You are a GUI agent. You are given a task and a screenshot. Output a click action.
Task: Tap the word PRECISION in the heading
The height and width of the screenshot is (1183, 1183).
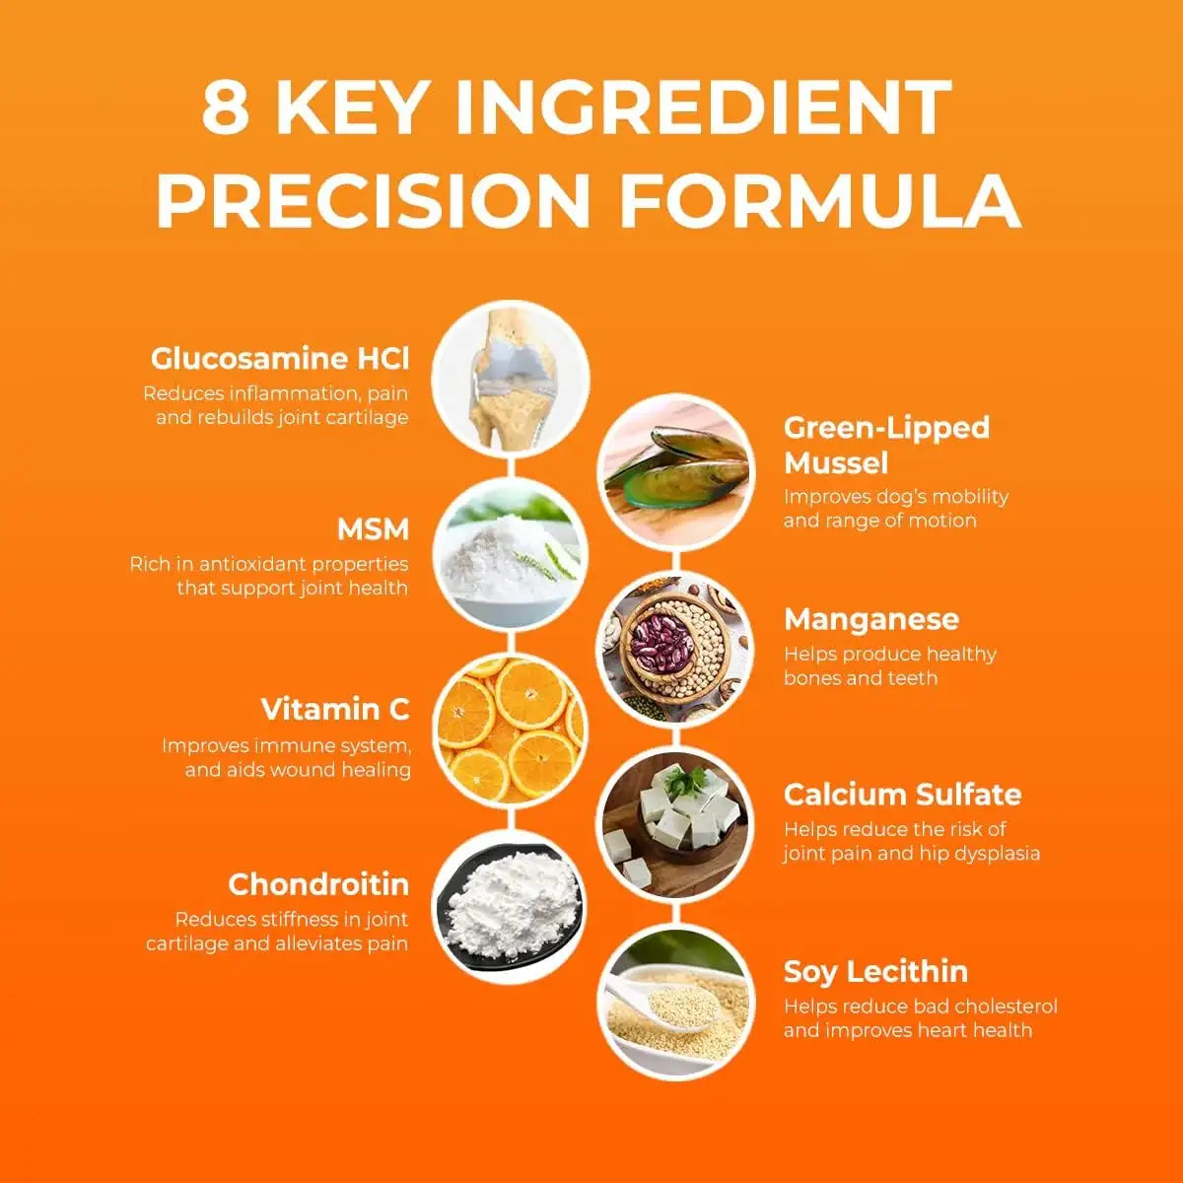pos(374,200)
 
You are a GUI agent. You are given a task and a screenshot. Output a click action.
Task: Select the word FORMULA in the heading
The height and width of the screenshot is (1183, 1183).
pos(821,200)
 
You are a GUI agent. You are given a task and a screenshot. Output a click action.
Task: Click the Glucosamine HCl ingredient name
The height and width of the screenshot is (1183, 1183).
pos(280,359)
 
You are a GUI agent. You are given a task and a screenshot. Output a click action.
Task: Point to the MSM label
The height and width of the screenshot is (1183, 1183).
pos(373,529)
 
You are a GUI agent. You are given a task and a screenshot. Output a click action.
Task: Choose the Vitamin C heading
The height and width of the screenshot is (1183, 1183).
pos(335,709)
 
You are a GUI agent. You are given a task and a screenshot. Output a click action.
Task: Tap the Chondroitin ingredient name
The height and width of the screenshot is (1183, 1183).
pos(318,884)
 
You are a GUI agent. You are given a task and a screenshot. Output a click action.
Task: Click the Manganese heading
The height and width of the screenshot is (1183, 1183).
pos(871,619)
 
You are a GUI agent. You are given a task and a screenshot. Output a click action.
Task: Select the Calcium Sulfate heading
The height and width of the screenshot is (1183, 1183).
pos(903,795)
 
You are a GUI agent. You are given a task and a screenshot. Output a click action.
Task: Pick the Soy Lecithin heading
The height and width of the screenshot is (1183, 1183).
pos(876,972)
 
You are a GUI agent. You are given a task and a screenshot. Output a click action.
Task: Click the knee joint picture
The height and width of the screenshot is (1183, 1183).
pos(511,379)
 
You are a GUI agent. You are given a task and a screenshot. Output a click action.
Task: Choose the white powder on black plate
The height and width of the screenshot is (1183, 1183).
pos(511,906)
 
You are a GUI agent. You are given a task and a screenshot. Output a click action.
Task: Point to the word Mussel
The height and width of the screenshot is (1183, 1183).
pos(836,463)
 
